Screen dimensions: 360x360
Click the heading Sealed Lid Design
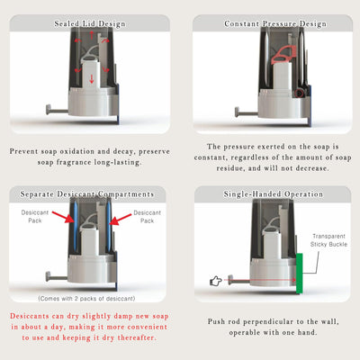tap(90, 23)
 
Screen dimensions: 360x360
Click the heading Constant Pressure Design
tap(275, 23)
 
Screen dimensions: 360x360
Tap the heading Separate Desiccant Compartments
tap(87, 194)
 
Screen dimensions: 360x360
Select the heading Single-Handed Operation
tap(274, 194)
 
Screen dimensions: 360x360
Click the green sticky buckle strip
tap(299, 273)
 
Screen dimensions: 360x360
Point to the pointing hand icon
tap(216, 281)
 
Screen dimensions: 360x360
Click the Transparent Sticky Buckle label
tap(328, 240)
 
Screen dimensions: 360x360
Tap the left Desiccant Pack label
tap(35, 216)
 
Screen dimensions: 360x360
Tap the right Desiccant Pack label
tap(147, 217)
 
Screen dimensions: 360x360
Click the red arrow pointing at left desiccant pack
tap(63, 217)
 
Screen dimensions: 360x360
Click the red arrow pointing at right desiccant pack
tap(120, 220)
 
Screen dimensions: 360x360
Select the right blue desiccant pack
tap(108, 227)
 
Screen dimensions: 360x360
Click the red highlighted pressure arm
tap(283, 55)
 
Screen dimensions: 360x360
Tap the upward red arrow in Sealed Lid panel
tap(92, 35)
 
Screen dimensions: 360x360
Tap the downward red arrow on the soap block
tap(92, 78)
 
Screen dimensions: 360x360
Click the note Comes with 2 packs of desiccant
tap(86, 299)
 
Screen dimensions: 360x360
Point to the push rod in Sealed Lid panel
tap(57, 110)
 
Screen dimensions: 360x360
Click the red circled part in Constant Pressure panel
tap(299, 94)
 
